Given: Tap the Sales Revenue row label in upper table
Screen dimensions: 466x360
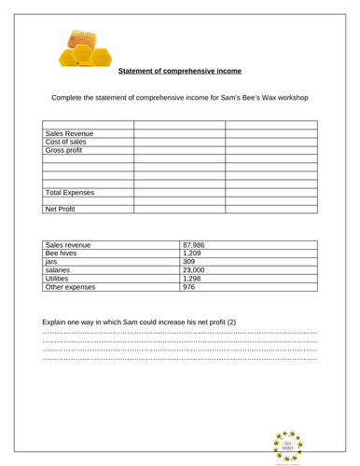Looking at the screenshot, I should coord(68,133).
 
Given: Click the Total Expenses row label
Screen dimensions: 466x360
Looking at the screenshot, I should coord(70,192).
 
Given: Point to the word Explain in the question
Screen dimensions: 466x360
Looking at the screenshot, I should coord(57,322).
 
